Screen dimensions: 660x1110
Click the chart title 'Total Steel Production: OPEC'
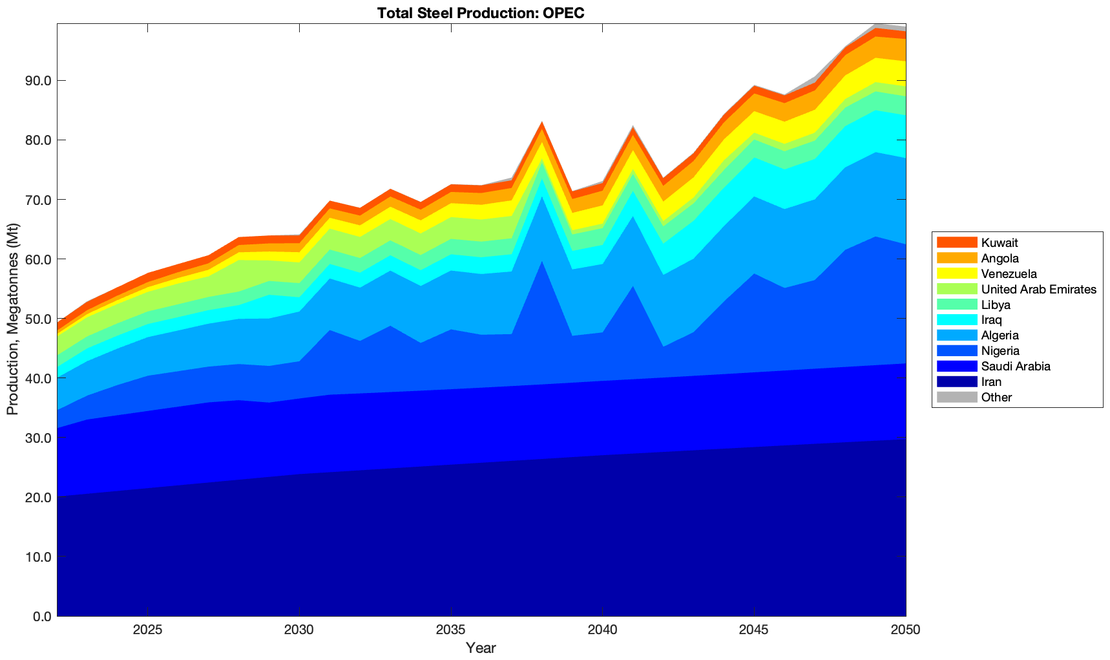[x=481, y=13]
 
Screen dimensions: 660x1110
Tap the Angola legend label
[x=1000, y=258]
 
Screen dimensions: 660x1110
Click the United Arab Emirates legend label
[x=1038, y=289]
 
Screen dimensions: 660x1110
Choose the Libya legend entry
[x=996, y=304]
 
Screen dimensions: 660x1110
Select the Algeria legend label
[x=1000, y=335]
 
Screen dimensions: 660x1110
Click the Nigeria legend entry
[x=1000, y=351]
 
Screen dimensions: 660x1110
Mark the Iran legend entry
[x=991, y=382]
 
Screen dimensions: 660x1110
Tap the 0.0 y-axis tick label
[x=41, y=616]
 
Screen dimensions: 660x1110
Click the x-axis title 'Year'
[x=481, y=648]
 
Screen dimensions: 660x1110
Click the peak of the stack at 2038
[x=542, y=122]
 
